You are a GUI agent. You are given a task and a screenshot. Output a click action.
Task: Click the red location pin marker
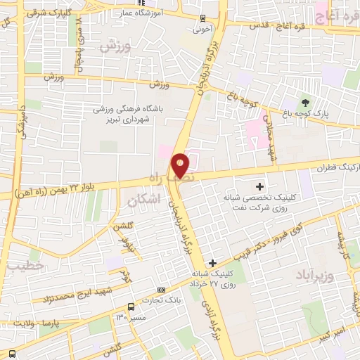tap(180, 165)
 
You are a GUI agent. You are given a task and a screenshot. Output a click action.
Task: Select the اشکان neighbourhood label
tap(145, 200)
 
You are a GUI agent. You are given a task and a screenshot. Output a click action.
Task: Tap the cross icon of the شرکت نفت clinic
tap(260, 186)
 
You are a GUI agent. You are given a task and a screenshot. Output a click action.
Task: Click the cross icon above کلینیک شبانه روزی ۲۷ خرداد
tap(213, 263)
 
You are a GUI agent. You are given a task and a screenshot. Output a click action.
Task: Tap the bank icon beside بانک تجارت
tap(162, 290)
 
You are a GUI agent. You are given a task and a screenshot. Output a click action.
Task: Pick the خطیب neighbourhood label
tap(27, 266)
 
